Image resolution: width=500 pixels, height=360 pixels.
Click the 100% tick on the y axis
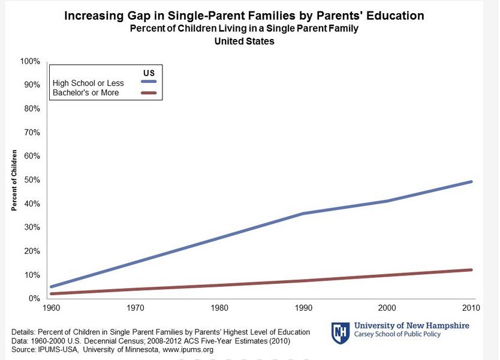(30, 62)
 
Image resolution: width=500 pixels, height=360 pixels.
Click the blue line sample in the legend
(148, 83)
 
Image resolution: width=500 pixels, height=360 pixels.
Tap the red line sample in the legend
(148, 92)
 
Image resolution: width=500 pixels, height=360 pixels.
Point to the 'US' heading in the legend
(148, 73)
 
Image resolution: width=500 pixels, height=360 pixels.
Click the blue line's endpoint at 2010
(472, 182)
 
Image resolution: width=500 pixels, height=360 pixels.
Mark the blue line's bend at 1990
(302, 213)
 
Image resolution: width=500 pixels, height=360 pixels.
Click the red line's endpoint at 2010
(472, 270)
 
